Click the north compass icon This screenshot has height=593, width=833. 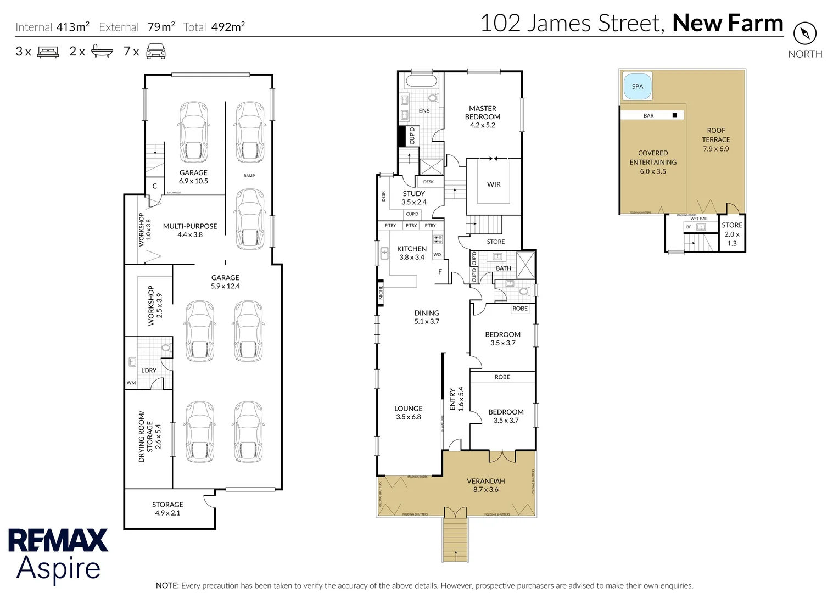pos(805,34)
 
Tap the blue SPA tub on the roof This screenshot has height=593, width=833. pos(637,87)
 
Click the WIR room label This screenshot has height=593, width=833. pos(494,184)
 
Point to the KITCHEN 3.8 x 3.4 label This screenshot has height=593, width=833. pos(412,253)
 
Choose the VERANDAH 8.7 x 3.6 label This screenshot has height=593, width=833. pos(485,485)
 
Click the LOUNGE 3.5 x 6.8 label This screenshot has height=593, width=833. pos(409,412)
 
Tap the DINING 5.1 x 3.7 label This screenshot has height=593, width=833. pos(427,317)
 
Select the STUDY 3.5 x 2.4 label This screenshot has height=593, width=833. pos(413,198)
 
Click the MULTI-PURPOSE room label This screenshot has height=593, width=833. pos(190,230)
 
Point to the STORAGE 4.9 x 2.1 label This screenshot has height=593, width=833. pos(167,508)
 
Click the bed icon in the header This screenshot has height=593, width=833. pos(48,52)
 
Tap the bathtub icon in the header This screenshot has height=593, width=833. pos(102,52)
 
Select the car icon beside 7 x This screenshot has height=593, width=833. pos(155,52)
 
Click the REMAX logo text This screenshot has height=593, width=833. pos(58,540)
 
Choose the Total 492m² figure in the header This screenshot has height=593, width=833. pos(214,26)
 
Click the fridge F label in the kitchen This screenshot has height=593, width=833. pos(440,272)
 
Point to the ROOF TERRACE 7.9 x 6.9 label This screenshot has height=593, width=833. pos(715,139)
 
